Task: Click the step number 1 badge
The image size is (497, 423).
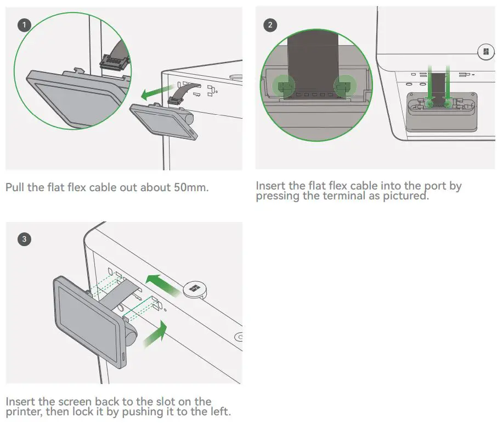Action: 25,25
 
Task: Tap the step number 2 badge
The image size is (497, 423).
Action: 270,25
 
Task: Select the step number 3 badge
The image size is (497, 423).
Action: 25,239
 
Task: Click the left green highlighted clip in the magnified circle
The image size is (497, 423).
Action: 283,85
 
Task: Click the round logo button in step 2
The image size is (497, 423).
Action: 484,52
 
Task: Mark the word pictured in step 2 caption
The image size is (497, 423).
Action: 406,196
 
